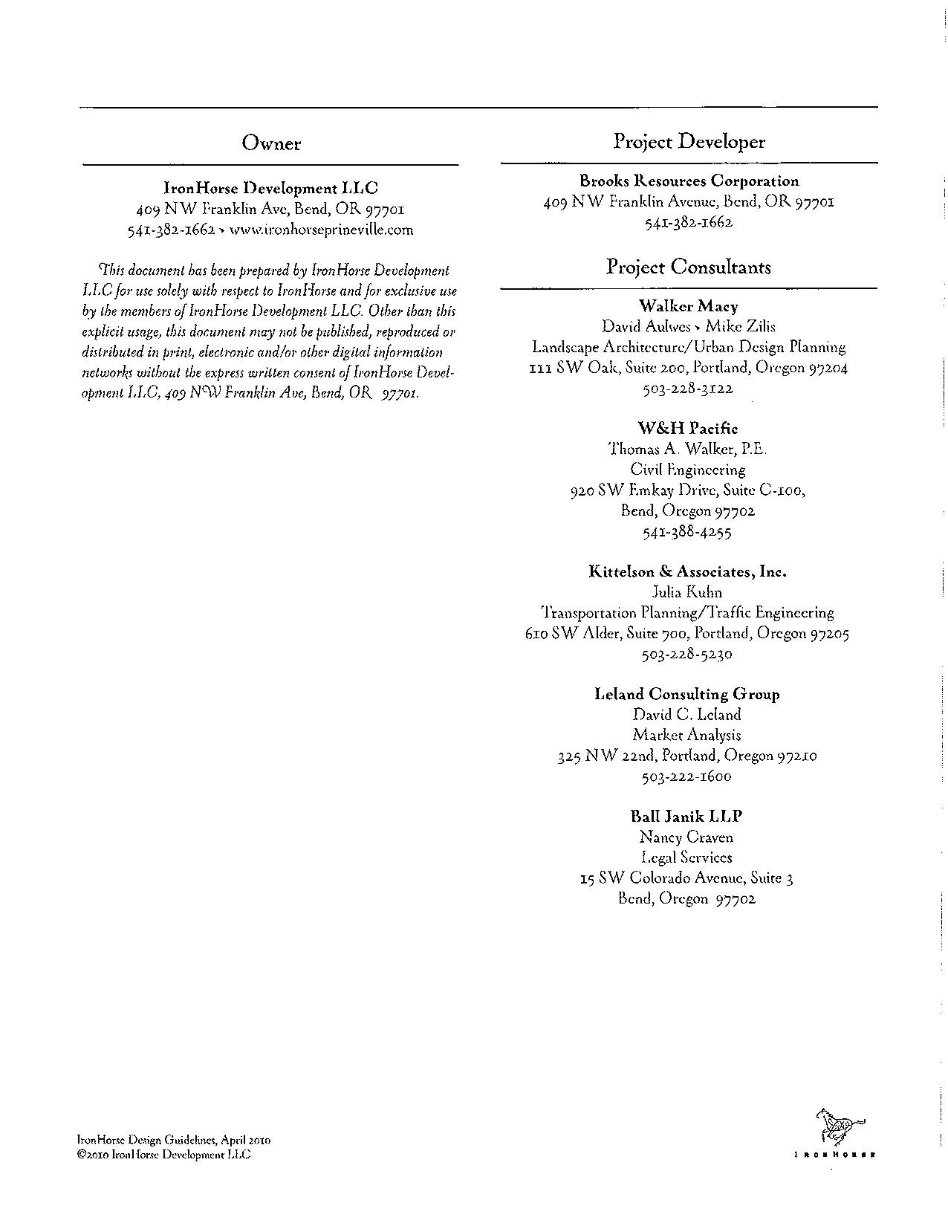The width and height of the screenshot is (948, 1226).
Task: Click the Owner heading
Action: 271,143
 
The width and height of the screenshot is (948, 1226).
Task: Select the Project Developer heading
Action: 689,142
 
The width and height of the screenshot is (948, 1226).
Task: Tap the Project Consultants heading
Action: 689,267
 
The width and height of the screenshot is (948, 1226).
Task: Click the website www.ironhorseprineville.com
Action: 321,230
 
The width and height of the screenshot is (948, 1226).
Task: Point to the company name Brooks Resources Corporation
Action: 689,181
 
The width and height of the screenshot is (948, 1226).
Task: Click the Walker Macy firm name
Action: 689,305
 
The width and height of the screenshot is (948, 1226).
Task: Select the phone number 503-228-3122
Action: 689,388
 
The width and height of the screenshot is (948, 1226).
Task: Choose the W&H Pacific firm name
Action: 689,428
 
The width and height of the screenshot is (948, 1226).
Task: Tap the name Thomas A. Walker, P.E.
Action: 689,449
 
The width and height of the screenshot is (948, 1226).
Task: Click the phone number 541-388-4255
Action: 689,532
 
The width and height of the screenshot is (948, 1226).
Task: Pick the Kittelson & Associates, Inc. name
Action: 689,571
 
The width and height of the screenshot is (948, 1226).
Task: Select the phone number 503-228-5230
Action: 687,655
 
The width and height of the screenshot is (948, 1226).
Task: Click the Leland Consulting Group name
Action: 687,694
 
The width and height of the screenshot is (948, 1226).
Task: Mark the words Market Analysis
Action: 687,735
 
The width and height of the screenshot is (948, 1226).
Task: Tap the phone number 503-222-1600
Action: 687,776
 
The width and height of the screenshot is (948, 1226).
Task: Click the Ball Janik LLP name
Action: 687,816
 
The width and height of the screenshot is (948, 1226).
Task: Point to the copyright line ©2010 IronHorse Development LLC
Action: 164,1155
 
